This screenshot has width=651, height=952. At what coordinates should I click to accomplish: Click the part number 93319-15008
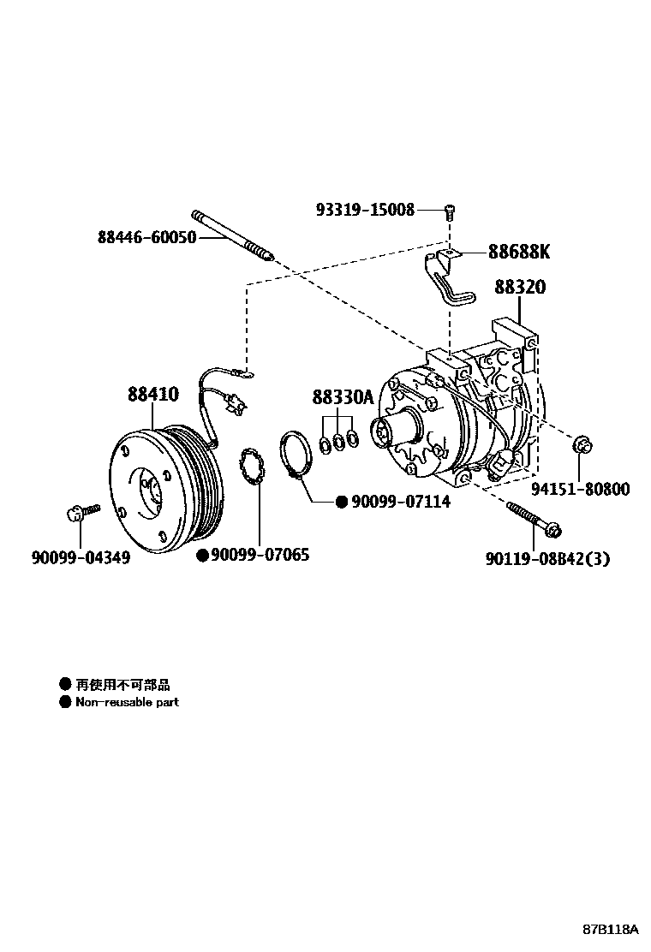tap(364, 210)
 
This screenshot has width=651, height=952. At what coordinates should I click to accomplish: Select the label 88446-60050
tap(146, 237)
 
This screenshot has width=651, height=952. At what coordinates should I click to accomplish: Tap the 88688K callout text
tap(519, 253)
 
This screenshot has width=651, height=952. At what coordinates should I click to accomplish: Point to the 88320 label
tap(519, 288)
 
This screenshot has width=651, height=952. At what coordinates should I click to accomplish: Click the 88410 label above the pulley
tap(153, 395)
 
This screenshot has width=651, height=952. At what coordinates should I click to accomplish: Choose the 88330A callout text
tap(343, 397)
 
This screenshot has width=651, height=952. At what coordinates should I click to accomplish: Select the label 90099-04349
tap(81, 557)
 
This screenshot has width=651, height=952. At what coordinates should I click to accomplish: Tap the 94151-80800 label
tap(580, 490)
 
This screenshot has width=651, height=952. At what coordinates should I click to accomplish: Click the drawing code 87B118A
tap(611, 929)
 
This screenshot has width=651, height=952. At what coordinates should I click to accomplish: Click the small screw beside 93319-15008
tap(449, 211)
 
